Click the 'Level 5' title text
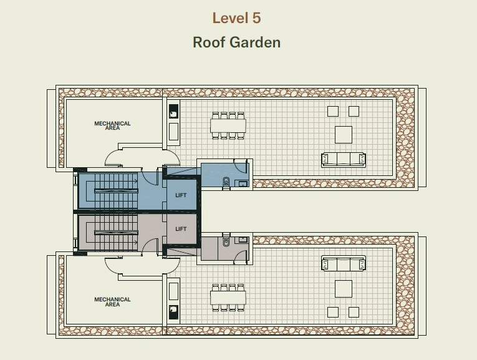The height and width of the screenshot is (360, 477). [236, 18]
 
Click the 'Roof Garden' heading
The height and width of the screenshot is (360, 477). [237, 42]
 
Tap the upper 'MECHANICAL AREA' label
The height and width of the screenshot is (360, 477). [112, 125]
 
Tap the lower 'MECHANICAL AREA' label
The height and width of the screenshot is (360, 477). [112, 301]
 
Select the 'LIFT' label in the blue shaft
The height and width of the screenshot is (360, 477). [181, 195]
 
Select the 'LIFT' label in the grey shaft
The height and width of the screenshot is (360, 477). [181, 229]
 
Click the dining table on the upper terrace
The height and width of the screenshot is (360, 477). [228, 125]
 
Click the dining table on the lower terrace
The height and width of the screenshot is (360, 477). [228, 298]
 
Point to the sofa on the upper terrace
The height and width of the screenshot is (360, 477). [344, 160]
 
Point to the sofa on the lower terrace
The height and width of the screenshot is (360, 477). [344, 263]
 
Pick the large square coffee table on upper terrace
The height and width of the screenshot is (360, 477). [344, 135]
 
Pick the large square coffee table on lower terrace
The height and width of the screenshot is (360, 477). [344, 289]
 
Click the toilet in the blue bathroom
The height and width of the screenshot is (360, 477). [226, 182]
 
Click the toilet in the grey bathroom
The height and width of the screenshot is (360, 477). [226, 240]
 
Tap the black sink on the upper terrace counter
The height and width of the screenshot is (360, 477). [173, 112]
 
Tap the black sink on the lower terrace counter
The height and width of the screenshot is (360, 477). [173, 312]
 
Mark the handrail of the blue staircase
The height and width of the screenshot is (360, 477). [116, 191]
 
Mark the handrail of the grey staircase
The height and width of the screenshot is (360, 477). [116, 233]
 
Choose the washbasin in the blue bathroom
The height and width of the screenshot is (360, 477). [243, 183]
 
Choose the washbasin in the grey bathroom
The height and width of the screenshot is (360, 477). [243, 240]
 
